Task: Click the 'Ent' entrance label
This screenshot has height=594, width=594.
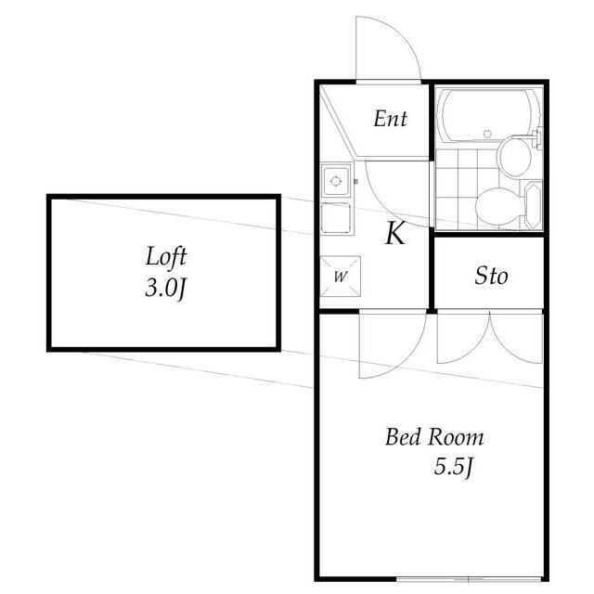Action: [390, 119]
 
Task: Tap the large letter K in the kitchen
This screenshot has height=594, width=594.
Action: [395, 233]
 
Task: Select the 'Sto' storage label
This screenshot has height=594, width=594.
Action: [491, 276]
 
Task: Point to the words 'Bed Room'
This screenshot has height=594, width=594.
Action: [434, 437]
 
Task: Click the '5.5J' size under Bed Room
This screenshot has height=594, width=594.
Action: [454, 466]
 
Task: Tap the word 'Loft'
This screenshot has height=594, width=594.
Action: [166, 257]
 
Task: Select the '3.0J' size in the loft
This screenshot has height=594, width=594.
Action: [166, 288]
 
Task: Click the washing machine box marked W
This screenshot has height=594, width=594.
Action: [340, 277]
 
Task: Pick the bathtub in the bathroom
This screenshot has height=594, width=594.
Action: [488, 115]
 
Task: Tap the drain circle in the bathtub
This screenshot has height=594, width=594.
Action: [487, 134]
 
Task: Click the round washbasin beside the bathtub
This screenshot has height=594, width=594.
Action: [515, 156]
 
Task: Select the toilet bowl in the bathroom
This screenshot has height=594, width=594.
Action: [498, 206]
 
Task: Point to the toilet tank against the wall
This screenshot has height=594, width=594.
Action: [534, 205]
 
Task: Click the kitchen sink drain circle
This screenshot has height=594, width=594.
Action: [336, 181]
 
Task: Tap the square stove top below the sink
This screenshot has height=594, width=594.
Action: [336, 218]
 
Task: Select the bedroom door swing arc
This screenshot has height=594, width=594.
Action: [407, 359]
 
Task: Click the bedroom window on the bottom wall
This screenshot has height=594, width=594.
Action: [469, 579]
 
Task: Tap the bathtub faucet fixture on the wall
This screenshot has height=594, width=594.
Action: [536, 138]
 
